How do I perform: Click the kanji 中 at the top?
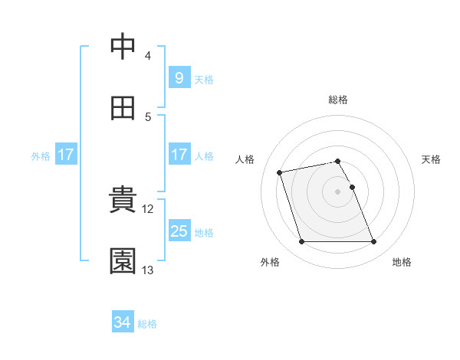click(x=123, y=47)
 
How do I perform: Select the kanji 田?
click(x=123, y=109)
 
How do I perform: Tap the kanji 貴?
click(x=123, y=200)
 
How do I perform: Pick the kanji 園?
click(x=123, y=261)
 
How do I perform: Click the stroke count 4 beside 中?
click(x=148, y=56)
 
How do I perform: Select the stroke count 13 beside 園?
click(x=148, y=270)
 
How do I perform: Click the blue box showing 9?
click(x=179, y=78)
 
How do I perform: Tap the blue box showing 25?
click(x=179, y=231)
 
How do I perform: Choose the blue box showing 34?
click(x=123, y=323)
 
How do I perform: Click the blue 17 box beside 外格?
click(x=66, y=155)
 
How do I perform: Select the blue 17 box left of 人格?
click(x=179, y=155)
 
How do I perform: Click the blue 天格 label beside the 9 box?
click(x=204, y=79)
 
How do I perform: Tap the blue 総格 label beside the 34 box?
click(x=147, y=324)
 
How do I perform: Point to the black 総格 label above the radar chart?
click(x=338, y=100)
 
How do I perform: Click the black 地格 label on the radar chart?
click(x=402, y=262)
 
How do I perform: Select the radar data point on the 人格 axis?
click(x=280, y=172)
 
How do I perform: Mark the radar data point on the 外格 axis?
click(x=301, y=242)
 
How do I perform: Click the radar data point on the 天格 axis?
click(x=352, y=187)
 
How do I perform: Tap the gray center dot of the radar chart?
click(x=337, y=191)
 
